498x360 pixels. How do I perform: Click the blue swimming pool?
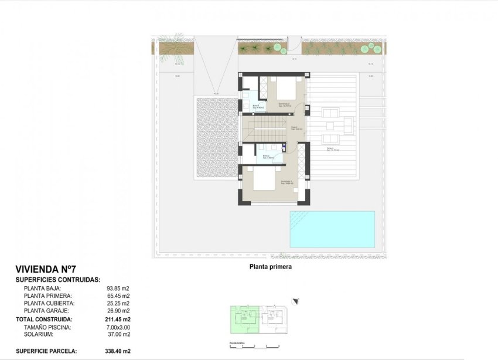click(332, 229)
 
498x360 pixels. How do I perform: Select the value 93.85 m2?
click(118, 288)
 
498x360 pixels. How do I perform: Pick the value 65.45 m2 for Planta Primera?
click(118, 296)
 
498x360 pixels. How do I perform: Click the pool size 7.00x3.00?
click(117, 327)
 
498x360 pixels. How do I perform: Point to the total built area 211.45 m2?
click(117, 319)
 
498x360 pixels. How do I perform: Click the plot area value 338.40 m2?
click(117, 351)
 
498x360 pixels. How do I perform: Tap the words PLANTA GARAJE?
click(46, 311)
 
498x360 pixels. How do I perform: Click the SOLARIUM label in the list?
click(39, 334)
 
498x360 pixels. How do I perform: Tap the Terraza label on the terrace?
click(331, 149)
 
